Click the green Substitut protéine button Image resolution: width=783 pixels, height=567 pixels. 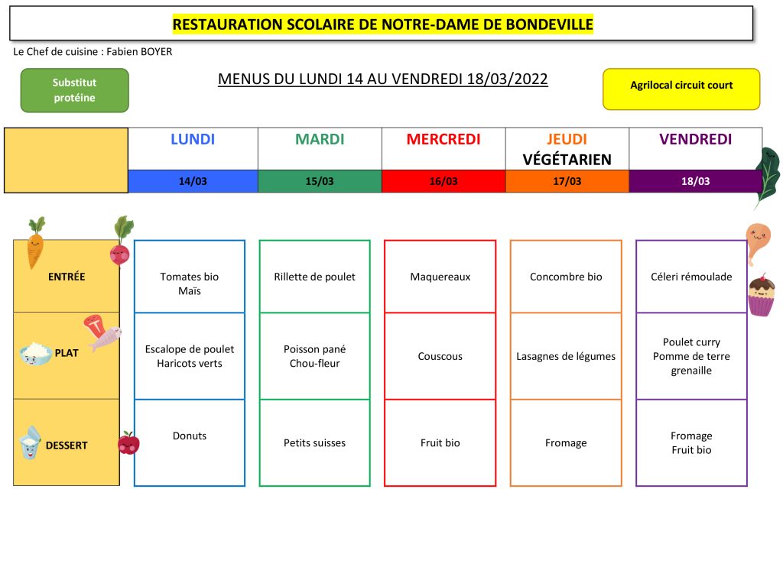[74, 90]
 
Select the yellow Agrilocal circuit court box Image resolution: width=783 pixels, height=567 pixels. [681, 89]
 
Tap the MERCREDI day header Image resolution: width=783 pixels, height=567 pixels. [443, 139]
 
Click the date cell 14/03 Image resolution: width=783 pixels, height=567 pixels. [193, 181]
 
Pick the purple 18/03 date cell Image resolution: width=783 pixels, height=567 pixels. [695, 181]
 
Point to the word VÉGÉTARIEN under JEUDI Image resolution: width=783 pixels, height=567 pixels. [567, 160]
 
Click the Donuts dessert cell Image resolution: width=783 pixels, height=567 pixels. [190, 442]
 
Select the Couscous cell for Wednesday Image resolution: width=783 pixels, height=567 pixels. [440, 356]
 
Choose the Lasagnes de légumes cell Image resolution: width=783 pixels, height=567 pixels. [566, 356]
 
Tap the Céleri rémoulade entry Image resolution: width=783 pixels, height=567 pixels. [691, 277]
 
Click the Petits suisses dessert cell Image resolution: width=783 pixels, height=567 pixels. [314, 442]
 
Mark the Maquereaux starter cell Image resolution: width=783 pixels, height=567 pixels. [440, 277]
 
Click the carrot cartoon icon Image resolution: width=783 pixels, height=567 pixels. [35, 243]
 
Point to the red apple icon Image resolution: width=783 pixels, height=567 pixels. [128, 443]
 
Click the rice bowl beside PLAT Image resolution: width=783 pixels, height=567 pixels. [35, 353]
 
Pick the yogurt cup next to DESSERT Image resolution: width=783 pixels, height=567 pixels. [30, 442]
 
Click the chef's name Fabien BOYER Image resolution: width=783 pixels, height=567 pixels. [139, 51]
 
